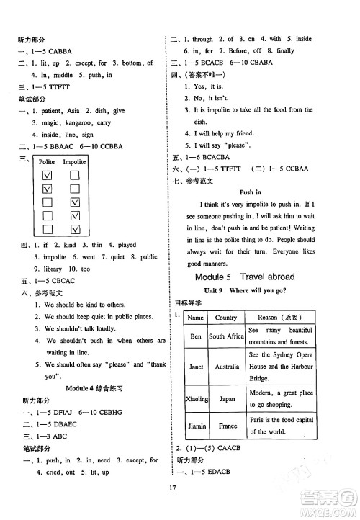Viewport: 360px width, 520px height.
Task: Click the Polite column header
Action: pyautogui.click(x=48, y=162)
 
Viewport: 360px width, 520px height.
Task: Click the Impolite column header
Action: pyautogui.click(x=74, y=162)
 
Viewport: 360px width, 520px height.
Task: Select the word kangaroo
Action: pyautogui.click(x=79, y=122)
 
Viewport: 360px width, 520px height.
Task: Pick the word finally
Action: pyautogui.click(x=285, y=51)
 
